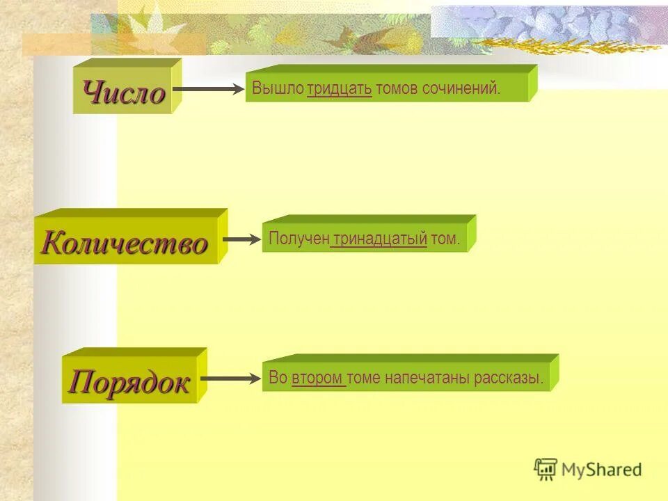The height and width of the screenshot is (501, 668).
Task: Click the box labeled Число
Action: coord(124,92)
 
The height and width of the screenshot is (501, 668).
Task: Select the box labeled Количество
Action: coord(125,243)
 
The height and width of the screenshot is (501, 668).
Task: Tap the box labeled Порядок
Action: coord(129,382)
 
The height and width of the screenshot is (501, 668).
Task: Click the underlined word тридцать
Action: coord(339,89)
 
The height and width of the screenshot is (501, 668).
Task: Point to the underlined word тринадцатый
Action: coord(379,239)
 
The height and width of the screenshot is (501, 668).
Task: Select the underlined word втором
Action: coord(317,378)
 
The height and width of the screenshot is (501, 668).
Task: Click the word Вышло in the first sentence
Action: coord(278,89)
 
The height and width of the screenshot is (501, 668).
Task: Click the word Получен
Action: coord(299,239)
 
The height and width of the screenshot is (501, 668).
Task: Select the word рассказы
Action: coord(508,378)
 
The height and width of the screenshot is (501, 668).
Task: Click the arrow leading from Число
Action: coord(207,89)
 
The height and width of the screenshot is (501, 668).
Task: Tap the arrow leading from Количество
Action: coord(240,239)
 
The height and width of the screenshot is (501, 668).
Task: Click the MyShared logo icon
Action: coord(546,469)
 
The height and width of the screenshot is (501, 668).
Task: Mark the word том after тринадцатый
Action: coord(445,239)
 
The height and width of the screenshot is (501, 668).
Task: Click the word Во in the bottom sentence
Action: coord(278,378)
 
